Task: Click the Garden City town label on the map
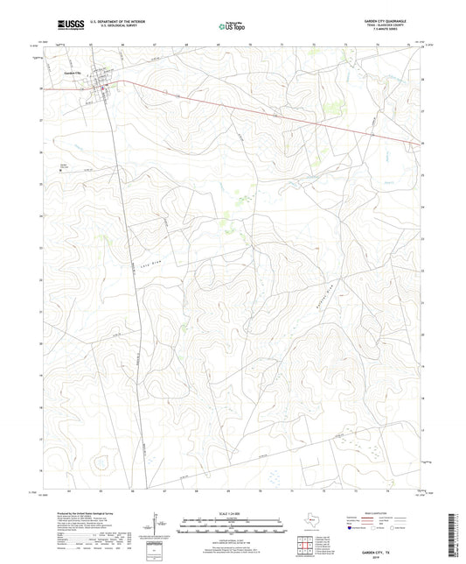[72, 72]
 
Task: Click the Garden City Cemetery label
[63, 166]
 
